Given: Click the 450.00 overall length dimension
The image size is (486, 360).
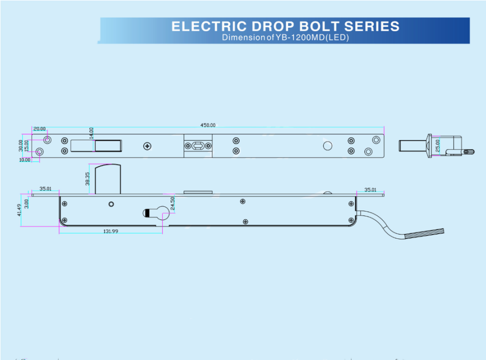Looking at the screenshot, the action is [x=208, y=125].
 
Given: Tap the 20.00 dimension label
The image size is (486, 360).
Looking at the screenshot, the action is [x=39, y=129].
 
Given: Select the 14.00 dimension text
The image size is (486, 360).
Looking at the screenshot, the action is [x=91, y=133].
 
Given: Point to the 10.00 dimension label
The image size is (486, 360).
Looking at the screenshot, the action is [x=25, y=160].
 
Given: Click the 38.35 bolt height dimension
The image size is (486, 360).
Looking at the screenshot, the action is [x=87, y=179].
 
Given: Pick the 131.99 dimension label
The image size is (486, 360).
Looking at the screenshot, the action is [x=111, y=231].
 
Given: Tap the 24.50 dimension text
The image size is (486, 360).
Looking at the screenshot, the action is [x=173, y=203].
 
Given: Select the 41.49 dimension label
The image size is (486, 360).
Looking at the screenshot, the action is [x=19, y=210].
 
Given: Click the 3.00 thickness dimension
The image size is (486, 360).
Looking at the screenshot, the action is [x=27, y=204].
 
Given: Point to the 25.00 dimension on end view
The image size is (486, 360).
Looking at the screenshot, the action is [x=437, y=145].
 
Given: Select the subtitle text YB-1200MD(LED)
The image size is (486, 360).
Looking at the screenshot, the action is [x=312, y=37].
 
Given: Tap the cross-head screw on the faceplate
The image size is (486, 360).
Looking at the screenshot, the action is [x=147, y=146].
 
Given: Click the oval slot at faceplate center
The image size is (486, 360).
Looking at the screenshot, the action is [x=198, y=146].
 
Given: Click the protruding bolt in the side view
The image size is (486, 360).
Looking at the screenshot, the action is [x=107, y=179].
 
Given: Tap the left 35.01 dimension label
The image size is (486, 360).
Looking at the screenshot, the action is [x=45, y=189].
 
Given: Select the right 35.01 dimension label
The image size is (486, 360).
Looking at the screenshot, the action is [x=370, y=190].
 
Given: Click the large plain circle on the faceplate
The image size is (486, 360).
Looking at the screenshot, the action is [x=328, y=146].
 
